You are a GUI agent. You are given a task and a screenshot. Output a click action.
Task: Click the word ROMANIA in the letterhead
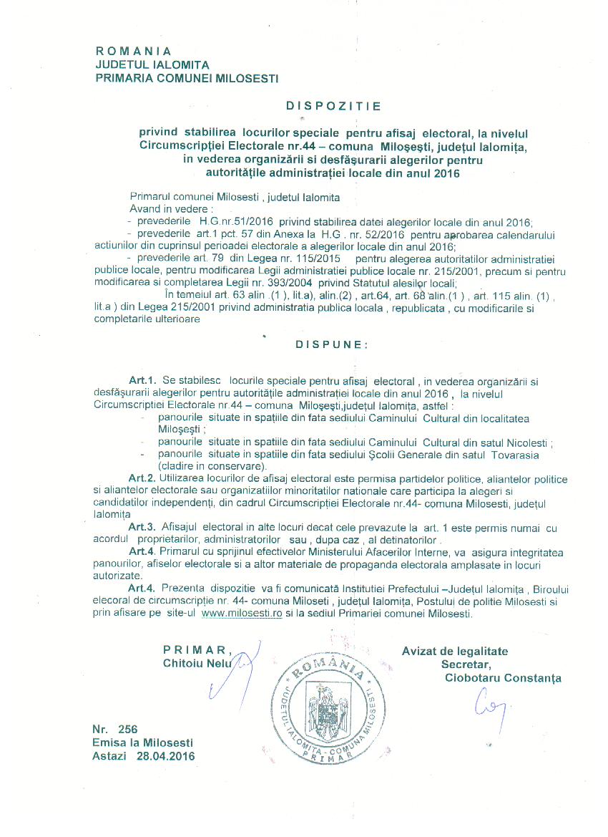134,51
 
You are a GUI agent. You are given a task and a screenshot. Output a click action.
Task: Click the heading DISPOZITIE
333,106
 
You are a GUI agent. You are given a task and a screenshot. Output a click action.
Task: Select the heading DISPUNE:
332,344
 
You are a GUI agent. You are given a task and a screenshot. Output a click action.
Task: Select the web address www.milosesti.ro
242,614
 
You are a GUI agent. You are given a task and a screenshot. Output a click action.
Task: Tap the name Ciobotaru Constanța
503,678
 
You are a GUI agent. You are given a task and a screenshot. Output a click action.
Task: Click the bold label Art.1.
142,379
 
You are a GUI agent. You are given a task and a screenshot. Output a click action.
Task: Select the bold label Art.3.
142,527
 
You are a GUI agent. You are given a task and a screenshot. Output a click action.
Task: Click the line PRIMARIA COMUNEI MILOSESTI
187,77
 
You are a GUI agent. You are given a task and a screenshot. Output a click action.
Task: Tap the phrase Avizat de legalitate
455,651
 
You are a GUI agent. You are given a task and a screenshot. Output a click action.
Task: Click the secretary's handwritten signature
488,705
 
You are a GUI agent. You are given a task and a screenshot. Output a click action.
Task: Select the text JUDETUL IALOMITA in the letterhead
152,64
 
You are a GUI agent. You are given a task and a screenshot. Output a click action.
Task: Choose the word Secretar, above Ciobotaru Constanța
467,664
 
